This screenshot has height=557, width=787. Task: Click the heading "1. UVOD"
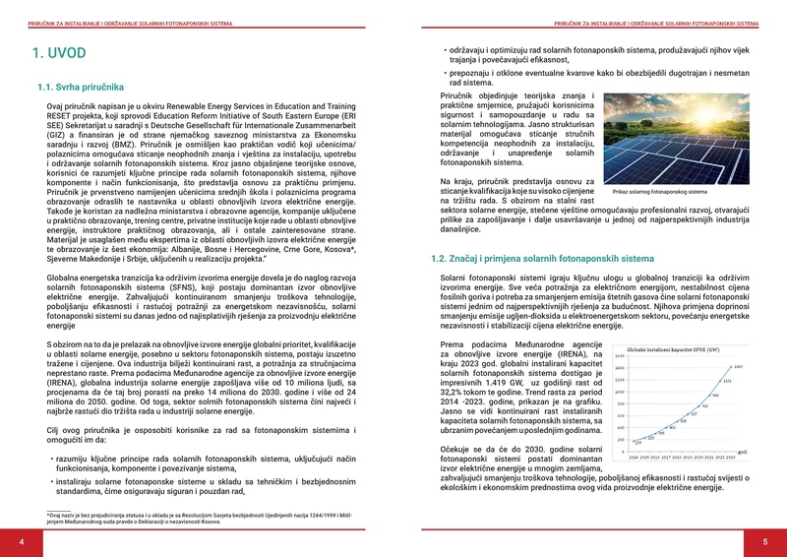tap(62, 55)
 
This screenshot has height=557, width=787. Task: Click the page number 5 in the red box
tap(763, 542)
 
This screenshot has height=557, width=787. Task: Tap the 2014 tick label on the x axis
tap(634, 458)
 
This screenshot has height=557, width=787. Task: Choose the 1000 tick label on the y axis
tap(620, 392)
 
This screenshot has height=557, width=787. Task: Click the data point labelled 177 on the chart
tap(634, 442)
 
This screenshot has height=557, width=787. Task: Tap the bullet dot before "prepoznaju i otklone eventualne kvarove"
tap(445, 73)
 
